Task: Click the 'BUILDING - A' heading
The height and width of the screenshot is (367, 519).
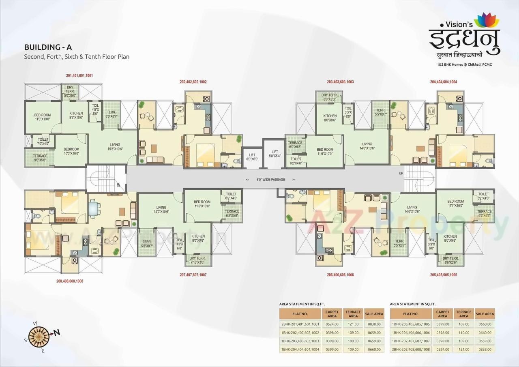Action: pyautogui.click(x=48, y=48)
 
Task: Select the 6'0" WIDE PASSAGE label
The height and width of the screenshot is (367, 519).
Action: pyautogui.click(x=270, y=179)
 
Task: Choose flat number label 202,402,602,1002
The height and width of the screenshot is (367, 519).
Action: pyautogui.click(x=193, y=82)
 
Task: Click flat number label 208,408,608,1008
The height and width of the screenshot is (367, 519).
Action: pyautogui.click(x=70, y=281)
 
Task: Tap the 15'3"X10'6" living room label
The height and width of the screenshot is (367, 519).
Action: pyautogui.click(x=115, y=147)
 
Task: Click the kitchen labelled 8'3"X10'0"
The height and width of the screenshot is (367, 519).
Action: pyautogui.click(x=76, y=116)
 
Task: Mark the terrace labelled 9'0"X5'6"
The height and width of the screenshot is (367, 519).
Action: pyautogui.click(x=40, y=158)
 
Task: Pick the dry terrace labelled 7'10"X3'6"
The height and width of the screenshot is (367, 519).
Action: pyautogui.click(x=197, y=260)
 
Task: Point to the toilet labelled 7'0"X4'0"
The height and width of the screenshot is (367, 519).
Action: pyautogui.click(x=43, y=142)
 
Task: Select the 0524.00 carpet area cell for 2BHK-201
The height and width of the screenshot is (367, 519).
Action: pyautogui.click(x=332, y=324)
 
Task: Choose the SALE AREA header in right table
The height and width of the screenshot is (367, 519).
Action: pyautogui.click(x=485, y=314)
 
